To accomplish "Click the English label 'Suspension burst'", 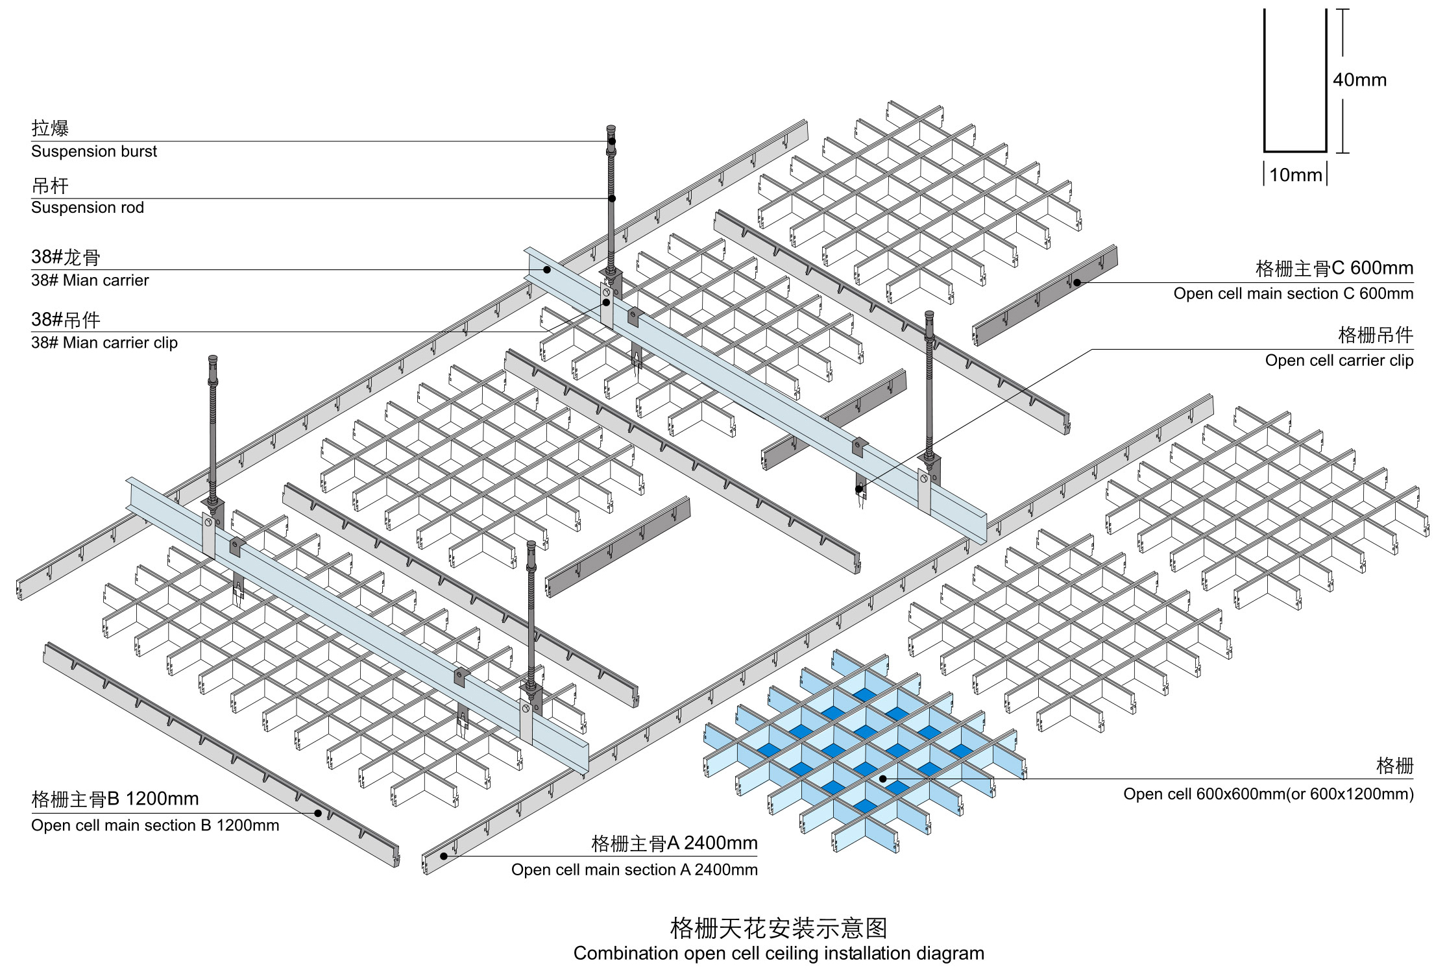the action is click(94, 152).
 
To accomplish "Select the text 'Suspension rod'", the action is click(88, 208).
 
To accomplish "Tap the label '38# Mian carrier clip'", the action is click(104, 343).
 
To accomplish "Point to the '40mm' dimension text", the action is click(1359, 80).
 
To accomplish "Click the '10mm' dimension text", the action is click(1296, 175).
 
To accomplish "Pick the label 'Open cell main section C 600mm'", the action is click(1293, 293).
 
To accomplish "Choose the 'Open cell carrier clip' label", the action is click(1339, 360).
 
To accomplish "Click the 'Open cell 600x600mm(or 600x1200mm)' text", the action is click(1269, 794).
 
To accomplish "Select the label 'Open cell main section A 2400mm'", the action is click(635, 869).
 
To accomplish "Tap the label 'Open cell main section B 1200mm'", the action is click(155, 825).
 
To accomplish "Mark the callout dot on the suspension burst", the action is click(612, 141).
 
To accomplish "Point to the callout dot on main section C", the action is click(1077, 282).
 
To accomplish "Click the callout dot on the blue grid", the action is click(883, 779).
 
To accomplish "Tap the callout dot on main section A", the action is click(444, 856).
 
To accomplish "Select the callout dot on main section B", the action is click(318, 813).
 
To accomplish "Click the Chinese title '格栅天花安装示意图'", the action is click(779, 928).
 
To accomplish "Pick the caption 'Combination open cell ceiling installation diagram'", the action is click(779, 953).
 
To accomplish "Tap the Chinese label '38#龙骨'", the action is click(66, 258).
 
